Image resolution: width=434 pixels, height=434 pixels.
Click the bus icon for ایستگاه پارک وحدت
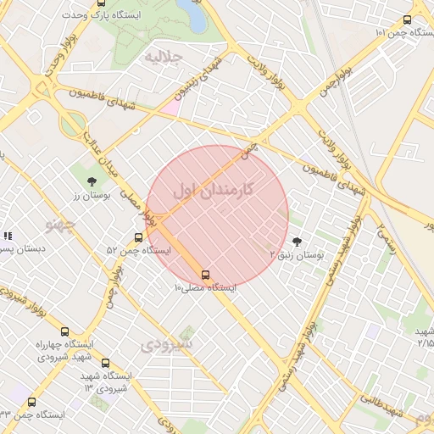(104, 7)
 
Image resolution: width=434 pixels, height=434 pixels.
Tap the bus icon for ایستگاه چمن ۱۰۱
(408, 20)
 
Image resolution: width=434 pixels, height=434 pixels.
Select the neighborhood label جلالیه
(164, 58)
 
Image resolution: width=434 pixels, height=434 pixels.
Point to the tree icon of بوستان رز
(92, 181)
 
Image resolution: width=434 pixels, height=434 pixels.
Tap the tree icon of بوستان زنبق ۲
(296, 242)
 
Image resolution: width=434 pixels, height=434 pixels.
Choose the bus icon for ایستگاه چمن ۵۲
(139, 238)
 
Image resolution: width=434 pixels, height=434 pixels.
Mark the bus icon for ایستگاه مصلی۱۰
(205, 275)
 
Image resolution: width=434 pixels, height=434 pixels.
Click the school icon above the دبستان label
(7, 236)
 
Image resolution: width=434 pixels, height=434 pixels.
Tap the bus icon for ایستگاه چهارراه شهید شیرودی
(65, 331)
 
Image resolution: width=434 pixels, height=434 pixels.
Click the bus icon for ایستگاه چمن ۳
(32, 403)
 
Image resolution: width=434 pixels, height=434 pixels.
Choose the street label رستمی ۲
(387, 233)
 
